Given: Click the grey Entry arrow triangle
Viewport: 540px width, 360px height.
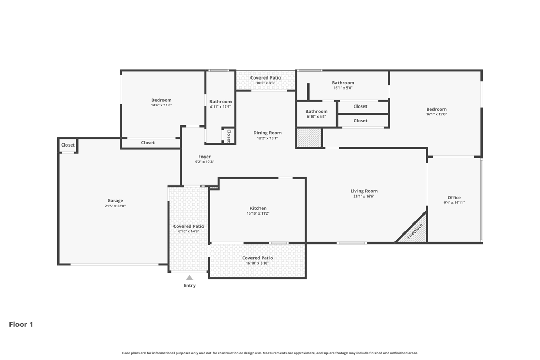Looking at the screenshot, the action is (189, 277).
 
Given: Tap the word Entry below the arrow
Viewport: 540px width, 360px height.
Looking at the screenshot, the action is (189, 285).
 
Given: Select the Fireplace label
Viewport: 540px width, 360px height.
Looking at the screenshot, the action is (414, 231).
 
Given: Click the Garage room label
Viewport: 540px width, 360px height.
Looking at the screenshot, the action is (115, 201).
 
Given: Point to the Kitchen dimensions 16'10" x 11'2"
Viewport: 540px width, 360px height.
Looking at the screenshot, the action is (258, 213).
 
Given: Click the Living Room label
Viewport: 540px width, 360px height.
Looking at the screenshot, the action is (364, 191).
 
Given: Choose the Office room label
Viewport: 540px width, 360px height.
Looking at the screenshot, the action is (454, 198).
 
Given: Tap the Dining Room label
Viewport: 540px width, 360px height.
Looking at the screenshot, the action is (267, 133).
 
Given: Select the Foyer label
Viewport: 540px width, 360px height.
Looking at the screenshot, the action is (205, 157).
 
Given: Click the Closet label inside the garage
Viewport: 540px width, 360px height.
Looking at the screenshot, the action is (68, 145).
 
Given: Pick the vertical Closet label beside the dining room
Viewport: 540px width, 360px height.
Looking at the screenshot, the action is (229, 135).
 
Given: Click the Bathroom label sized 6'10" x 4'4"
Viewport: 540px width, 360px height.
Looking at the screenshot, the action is (316, 112).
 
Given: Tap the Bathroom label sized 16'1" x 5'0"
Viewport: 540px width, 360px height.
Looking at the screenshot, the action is (343, 83).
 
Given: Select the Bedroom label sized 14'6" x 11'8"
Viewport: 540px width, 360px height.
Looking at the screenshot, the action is (161, 100).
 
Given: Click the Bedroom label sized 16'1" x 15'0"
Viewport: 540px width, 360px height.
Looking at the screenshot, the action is (436, 109).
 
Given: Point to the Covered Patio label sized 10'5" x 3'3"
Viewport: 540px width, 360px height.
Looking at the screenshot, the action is (266, 78).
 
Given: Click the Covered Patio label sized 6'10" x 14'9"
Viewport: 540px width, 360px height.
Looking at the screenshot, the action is (189, 226).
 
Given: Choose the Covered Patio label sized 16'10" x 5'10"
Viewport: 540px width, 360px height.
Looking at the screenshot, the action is (257, 258).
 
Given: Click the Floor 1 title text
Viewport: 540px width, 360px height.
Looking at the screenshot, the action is (21, 324).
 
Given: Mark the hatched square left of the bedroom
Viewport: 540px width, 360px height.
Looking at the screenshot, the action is (309, 138).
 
